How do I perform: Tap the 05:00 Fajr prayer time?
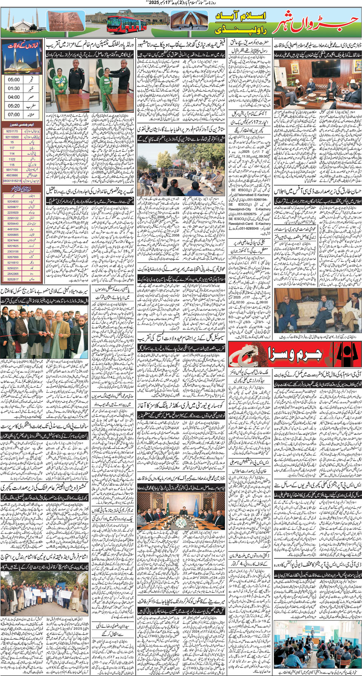coord(14,80)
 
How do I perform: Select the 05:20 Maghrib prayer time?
coord(14,106)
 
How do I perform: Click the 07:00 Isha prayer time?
coord(14,114)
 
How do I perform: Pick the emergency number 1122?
coord(12,159)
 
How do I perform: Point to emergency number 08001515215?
coord(12,181)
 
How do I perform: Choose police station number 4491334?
coord(13,229)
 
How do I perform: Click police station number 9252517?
coord(13,280)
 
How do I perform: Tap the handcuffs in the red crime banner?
coord(244,355)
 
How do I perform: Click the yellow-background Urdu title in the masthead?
coord(241,22)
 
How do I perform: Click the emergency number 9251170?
coord(12,131)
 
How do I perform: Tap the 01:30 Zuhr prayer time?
coord(14,88)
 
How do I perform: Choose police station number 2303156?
coord(13,251)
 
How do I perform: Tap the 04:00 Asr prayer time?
coord(14,97)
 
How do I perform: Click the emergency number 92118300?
coord(12,137)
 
